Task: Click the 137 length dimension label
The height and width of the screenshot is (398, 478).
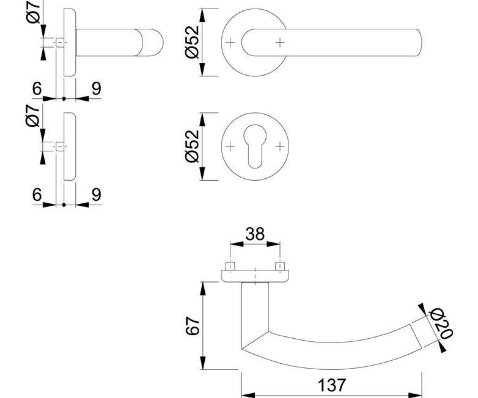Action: [x=332, y=385]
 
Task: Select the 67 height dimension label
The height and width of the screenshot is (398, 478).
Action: [x=192, y=326]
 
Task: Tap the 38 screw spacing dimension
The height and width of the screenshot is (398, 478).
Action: [x=255, y=234]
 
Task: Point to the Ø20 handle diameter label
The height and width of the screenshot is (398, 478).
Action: [x=441, y=324]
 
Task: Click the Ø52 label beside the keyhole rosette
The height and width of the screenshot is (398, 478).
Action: [x=192, y=146]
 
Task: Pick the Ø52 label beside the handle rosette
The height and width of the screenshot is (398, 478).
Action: [x=192, y=42]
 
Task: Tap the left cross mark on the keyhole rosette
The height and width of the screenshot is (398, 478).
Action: [x=230, y=146]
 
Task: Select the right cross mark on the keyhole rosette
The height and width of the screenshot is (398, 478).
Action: [x=280, y=146]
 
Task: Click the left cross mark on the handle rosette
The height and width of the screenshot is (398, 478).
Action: [x=230, y=43]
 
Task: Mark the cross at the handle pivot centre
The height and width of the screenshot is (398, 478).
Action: [x=280, y=43]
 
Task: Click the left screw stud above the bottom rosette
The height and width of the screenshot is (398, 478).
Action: [x=230, y=266]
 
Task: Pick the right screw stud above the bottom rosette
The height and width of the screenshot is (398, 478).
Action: [x=280, y=266]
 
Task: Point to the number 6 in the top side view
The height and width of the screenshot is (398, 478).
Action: [x=37, y=88]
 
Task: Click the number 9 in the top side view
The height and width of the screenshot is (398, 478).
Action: [x=96, y=88]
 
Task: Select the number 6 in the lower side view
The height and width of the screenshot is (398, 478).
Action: [x=37, y=195]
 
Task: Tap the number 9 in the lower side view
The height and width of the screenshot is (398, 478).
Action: [x=96, y=195]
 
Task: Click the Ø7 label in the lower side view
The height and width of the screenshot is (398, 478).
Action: [x=33, y=116]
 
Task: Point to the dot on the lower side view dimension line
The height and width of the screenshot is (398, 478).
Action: [x=64, y=205]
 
